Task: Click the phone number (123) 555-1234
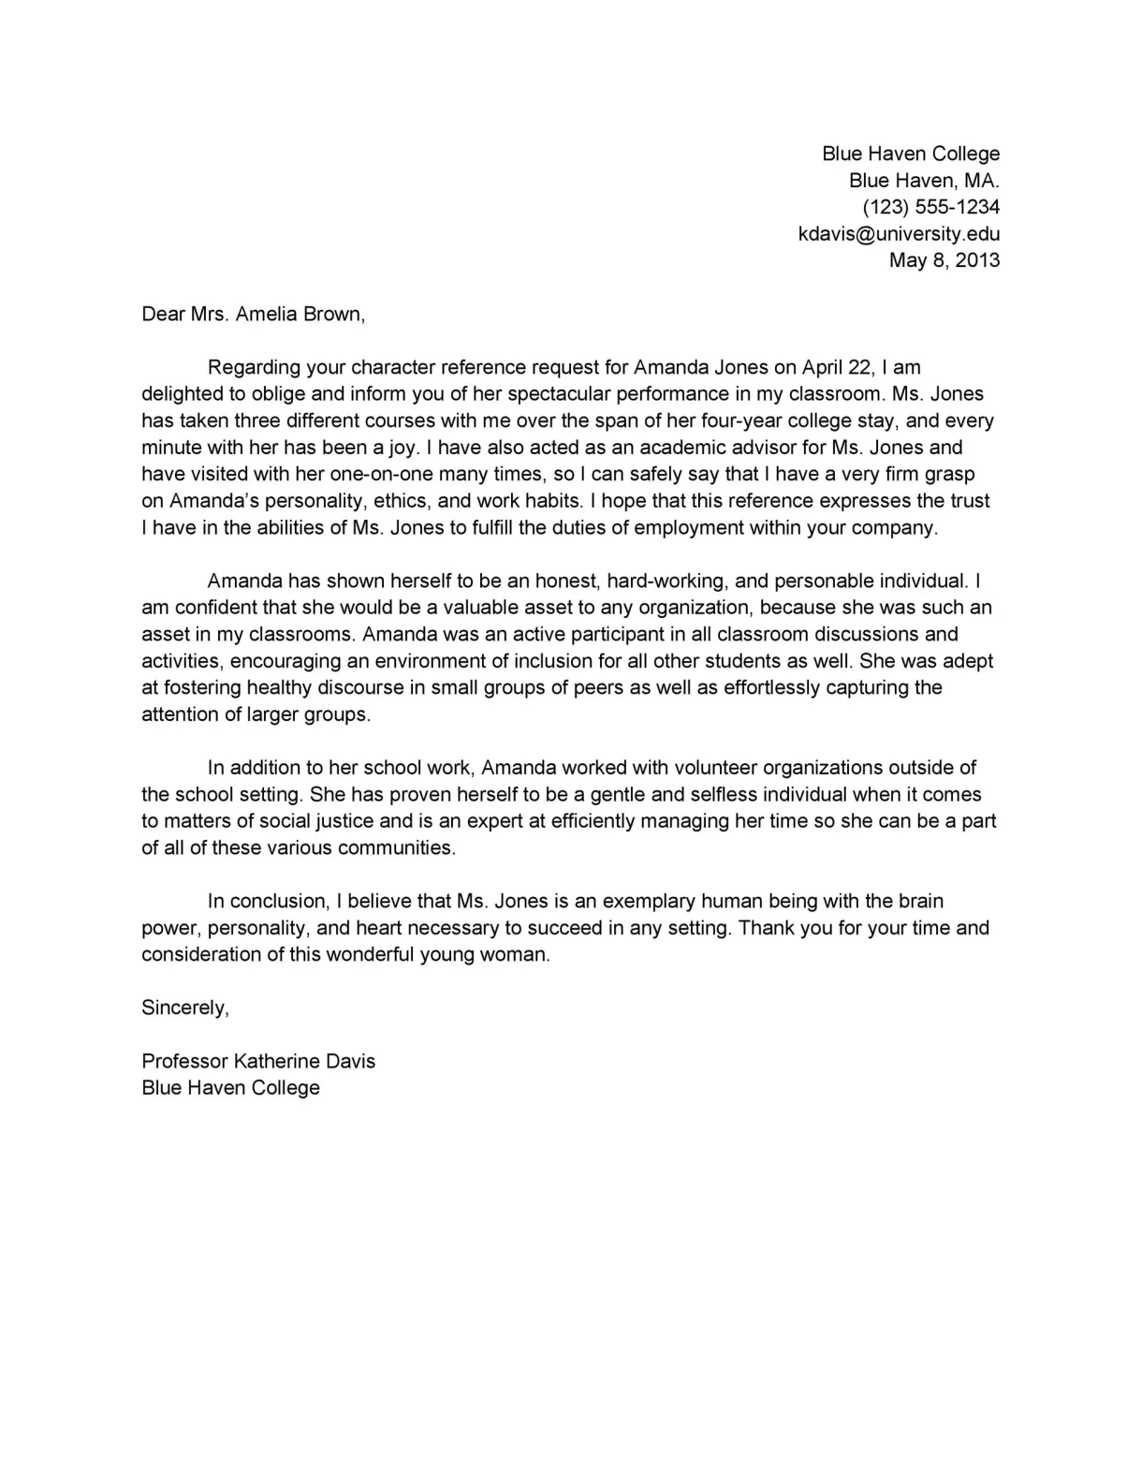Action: coord(930,207)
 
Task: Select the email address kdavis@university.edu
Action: coord(899,234)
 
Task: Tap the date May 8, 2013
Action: coord(944,260)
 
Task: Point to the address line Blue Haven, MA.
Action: coord(924,181)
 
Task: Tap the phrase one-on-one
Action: coord(381,475)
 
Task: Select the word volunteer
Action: coord(701,769)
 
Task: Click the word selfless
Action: coord(724,795)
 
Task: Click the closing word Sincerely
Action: coord(184,1008)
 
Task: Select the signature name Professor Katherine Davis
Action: coord(258,1062)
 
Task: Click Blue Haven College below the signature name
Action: coord(230,1088)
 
